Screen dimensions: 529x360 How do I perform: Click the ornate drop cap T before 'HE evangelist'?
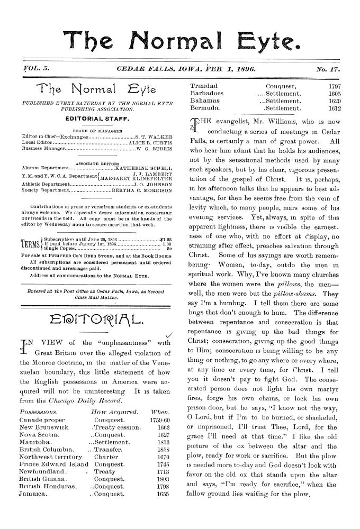(x=191, y=125)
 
